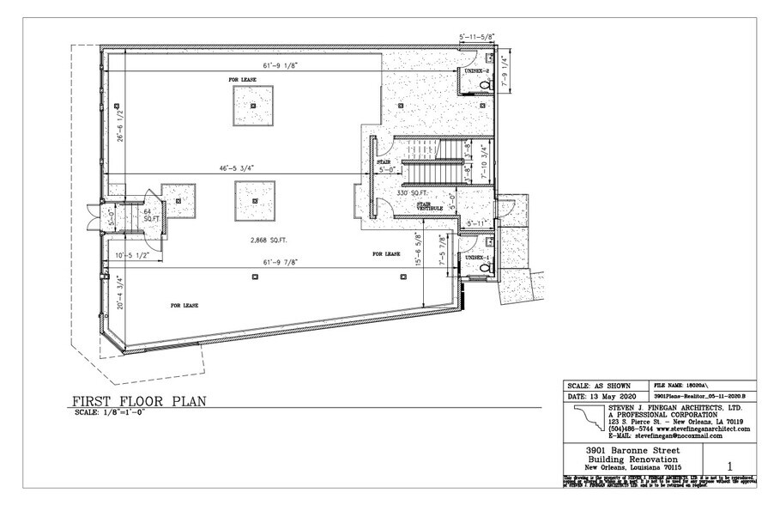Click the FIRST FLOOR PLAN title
tap(136, 401)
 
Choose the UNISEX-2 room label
tap(477, 70)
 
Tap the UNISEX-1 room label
tap(476, 257)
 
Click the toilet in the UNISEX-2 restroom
tap(486, 85)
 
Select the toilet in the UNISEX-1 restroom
tap(486, 269)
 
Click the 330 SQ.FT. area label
tap(412, 194)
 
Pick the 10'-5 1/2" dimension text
tap(133, 257)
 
